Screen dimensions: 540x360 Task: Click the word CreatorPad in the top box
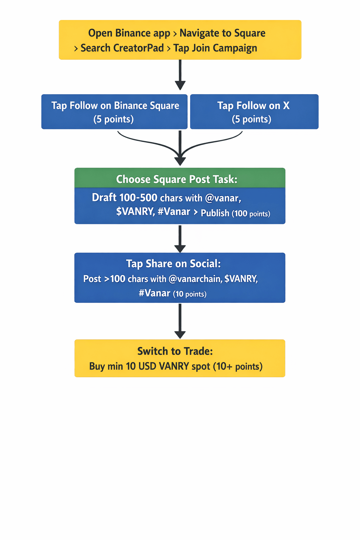[140, 48]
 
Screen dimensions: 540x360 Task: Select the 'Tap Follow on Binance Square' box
[114, 112]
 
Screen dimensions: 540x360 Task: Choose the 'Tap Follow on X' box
[254, 112]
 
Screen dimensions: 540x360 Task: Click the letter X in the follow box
[286, 105]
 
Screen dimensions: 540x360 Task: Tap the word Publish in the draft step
[215, 213]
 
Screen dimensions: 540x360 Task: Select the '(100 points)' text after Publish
[251, 213]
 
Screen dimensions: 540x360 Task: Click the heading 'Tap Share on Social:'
[173, 264]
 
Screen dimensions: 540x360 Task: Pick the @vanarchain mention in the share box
[195, 279]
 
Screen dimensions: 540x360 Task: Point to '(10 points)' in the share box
[189, 294]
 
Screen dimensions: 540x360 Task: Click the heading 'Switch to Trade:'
[175, 351]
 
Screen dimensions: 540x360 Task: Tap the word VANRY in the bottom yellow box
[174, 366]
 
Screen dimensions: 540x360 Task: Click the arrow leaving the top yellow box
[180, 75]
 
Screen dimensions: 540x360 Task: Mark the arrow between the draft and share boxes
[180, 239]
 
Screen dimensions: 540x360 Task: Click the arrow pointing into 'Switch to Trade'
[180, 321]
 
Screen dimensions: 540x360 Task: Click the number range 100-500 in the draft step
[138, 198]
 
